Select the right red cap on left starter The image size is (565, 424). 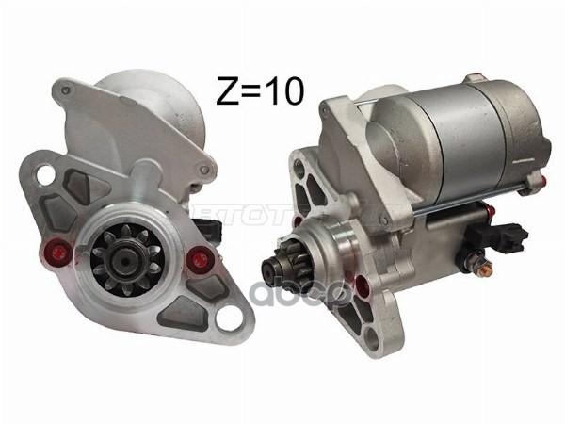coord(196,259)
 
